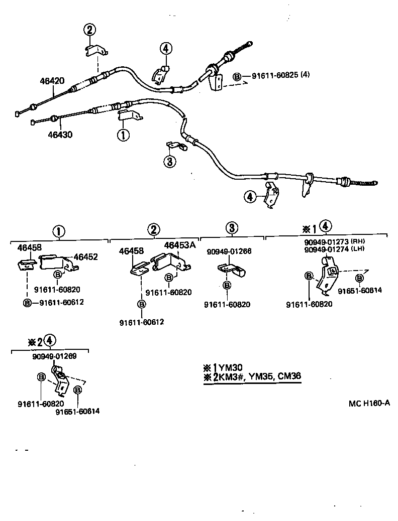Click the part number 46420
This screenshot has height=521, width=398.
(52, 80)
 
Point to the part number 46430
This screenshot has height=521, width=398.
(60, 135)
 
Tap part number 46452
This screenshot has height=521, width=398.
(86, 256)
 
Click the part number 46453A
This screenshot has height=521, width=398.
(180, 245)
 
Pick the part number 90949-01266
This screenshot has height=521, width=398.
(229, 251)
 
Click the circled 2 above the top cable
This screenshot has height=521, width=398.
(89, 30)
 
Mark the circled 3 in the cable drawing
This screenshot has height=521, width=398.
(170, 162)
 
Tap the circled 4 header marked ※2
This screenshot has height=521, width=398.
(49, 341)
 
